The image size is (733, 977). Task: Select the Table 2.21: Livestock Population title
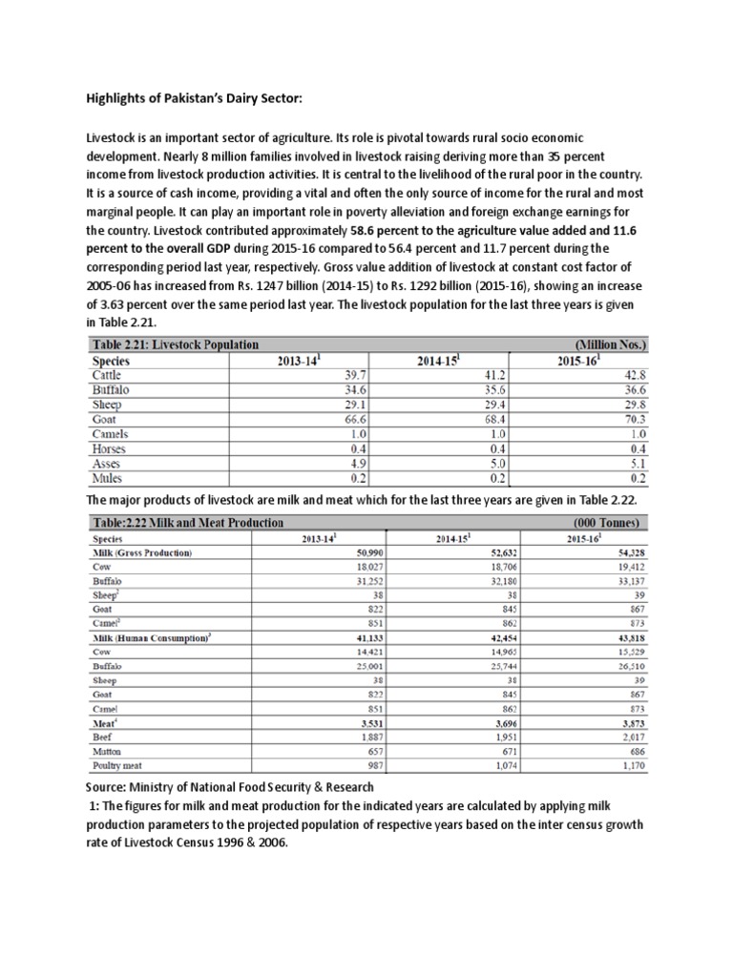(176, 343)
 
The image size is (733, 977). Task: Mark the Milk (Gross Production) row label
(141, 552)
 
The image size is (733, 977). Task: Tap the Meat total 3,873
(631, 723)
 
